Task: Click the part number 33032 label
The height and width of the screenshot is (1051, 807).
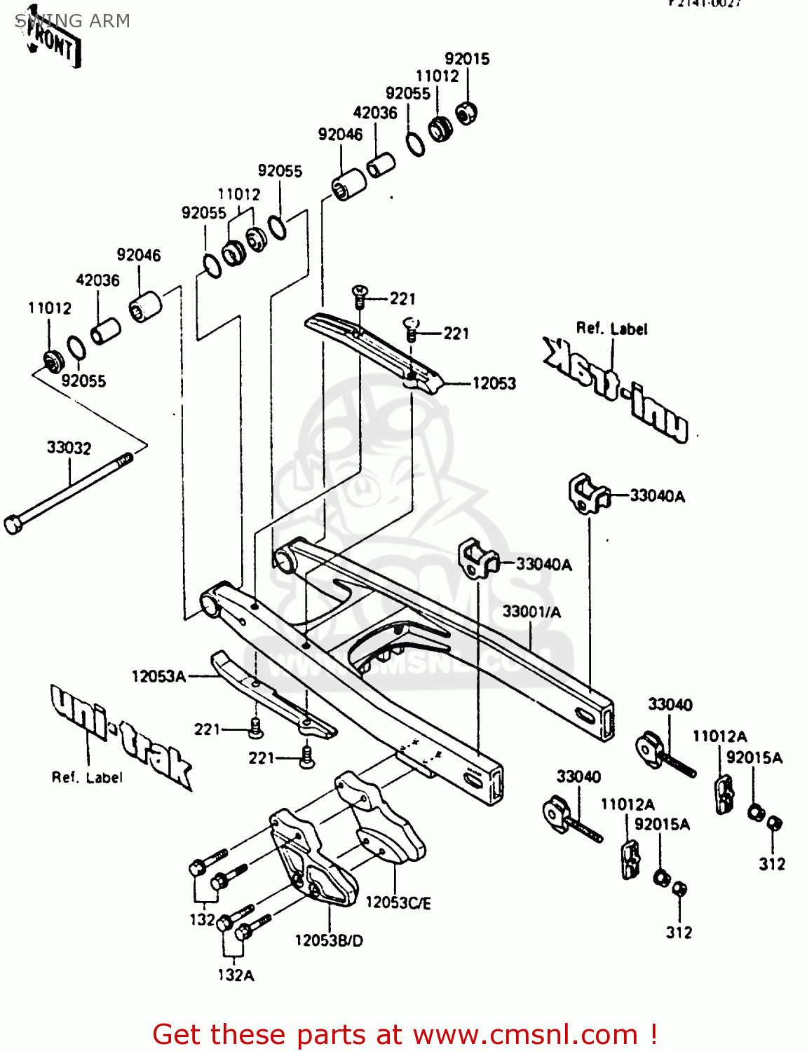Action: coord(69,448)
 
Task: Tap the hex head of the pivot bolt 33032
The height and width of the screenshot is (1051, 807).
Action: coord(13,525)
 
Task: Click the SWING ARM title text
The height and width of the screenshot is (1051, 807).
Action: coord(72,21)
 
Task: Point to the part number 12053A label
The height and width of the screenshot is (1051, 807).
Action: coord(158,676)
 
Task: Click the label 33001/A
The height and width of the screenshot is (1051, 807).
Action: coord(531,612)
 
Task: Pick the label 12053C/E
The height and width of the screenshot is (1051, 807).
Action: coord(398,902)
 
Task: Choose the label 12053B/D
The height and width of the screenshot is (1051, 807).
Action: coord(329,940)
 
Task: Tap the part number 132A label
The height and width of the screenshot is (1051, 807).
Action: coord(236,975)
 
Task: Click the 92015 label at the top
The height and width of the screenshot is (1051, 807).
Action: coord(467,59)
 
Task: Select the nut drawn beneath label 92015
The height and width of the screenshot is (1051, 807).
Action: coord(467,112)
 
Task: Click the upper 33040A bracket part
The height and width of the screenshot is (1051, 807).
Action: coord(588,493)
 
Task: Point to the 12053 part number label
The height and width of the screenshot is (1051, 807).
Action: coord(494,383)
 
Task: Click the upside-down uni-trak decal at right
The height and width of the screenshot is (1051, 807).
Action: coord(615,388)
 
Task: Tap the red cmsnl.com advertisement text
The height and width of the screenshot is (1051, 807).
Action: coord(405,1034)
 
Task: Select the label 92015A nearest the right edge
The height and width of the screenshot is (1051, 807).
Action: coord(754,757)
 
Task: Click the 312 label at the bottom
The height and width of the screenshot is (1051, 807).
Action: coord(679,933)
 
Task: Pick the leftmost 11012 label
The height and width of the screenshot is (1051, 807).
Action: coord(50,308)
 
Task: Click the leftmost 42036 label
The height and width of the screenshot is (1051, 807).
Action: coord(97,280)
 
